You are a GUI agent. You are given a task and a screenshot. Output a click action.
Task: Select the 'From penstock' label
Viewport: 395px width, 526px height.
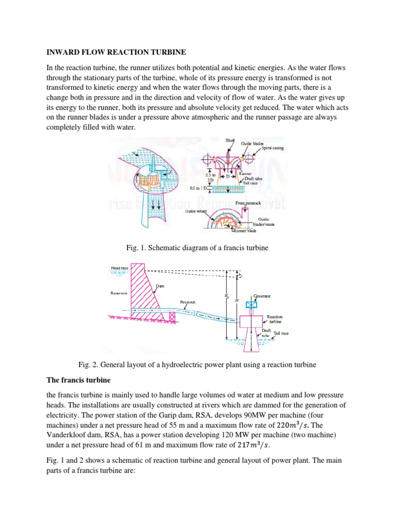(249, 203)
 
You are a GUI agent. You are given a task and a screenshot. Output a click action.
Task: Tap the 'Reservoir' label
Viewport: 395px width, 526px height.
(119, 293)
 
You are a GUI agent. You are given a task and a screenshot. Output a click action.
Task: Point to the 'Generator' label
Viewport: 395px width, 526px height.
(262, 296)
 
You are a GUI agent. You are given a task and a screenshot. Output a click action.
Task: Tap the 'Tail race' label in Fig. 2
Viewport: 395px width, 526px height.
(281, 333)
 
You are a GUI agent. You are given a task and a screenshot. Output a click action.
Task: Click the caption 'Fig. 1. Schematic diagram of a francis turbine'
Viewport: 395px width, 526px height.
(197, 248)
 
